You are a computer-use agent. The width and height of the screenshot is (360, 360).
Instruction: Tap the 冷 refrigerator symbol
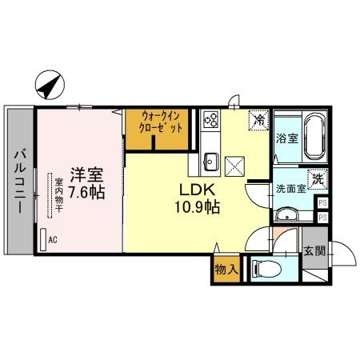[259, 119]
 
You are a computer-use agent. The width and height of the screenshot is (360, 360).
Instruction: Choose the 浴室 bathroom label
[287, 138]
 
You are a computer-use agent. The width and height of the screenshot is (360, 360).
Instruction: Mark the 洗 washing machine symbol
[316, 181]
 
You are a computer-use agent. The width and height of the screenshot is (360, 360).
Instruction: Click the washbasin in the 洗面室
[286, 215]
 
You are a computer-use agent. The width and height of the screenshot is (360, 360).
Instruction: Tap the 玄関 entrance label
[314, 252]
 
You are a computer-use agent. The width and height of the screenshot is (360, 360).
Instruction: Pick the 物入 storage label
[225, 270]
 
